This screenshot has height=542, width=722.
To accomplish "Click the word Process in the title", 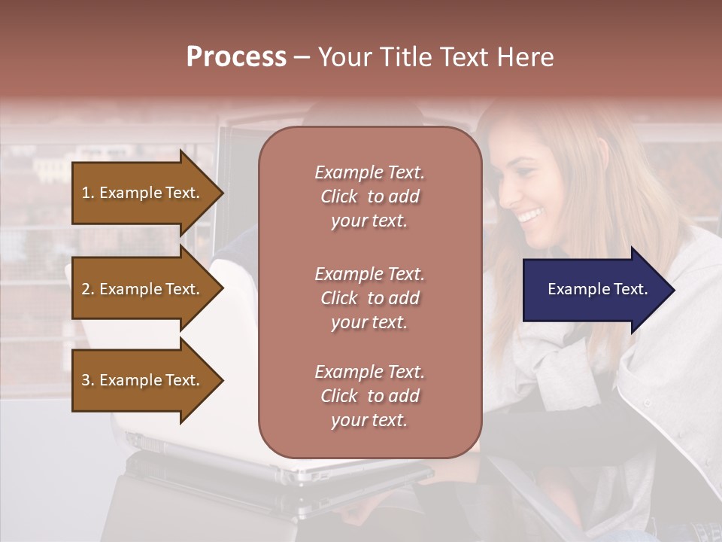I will click(x=236, y=57).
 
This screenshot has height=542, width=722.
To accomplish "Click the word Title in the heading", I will click(x=405, y=57).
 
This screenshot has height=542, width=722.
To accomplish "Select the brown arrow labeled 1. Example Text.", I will click(x=143, y=193).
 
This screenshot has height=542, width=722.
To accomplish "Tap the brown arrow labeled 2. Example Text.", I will click(x=143, y=289).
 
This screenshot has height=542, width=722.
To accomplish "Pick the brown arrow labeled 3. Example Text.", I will click(x=143, y=380).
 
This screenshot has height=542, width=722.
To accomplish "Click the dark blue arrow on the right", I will click(x=594, y=290).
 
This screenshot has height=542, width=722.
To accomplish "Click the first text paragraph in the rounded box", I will click(x=369, y=196).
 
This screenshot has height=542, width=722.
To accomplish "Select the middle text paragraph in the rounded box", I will click(x=369, y=297).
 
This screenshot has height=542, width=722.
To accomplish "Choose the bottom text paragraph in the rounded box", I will click(x=369, y=396).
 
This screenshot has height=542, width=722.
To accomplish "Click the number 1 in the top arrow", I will click(x=86, y=193).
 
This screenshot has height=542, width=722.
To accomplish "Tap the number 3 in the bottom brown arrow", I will click(x=86, y=380).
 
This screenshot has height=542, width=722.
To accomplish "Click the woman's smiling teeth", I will click(x=531, y=216).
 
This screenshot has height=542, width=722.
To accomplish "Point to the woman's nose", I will click(x=506, y=198).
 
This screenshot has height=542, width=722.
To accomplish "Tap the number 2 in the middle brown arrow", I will click(x=86, y=289).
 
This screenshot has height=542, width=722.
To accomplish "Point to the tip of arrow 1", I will click(x=222, y=193).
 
